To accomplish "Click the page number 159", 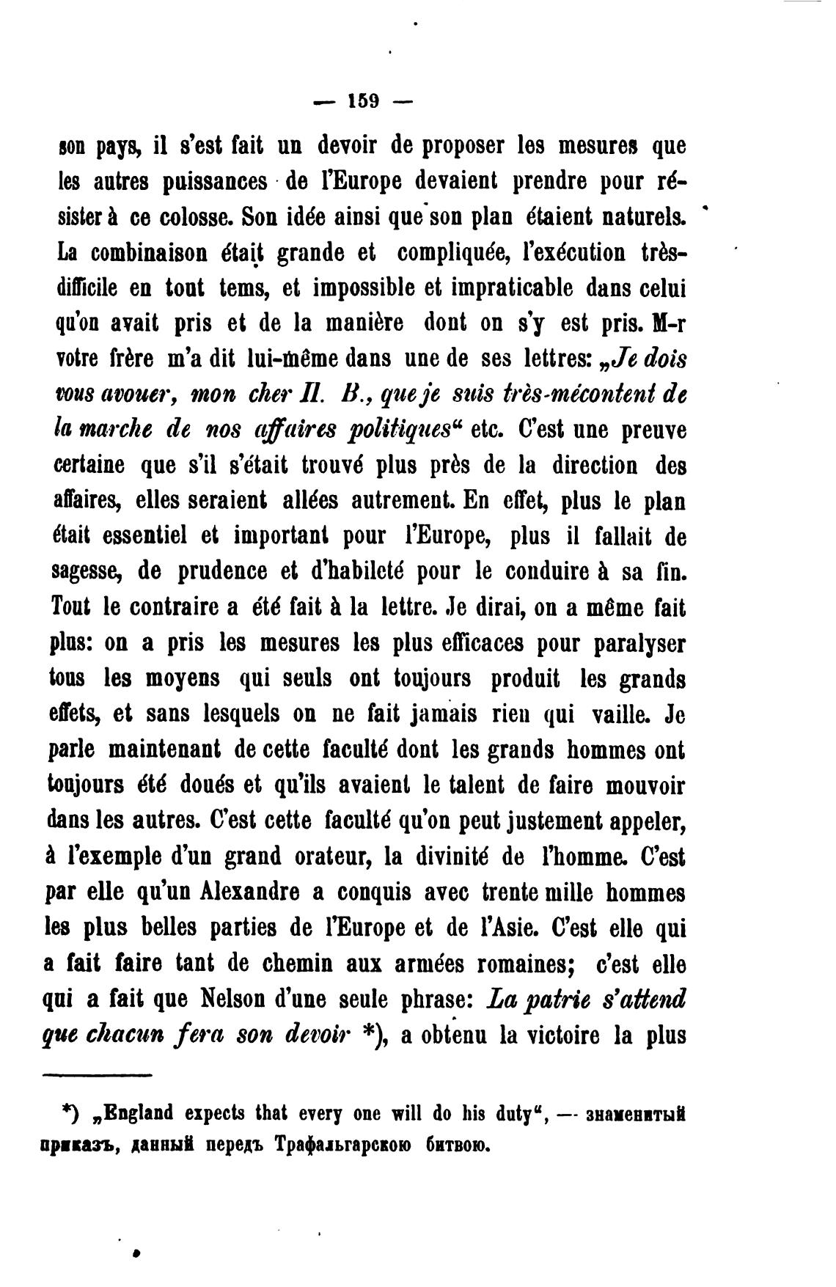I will tap(363, 101).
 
